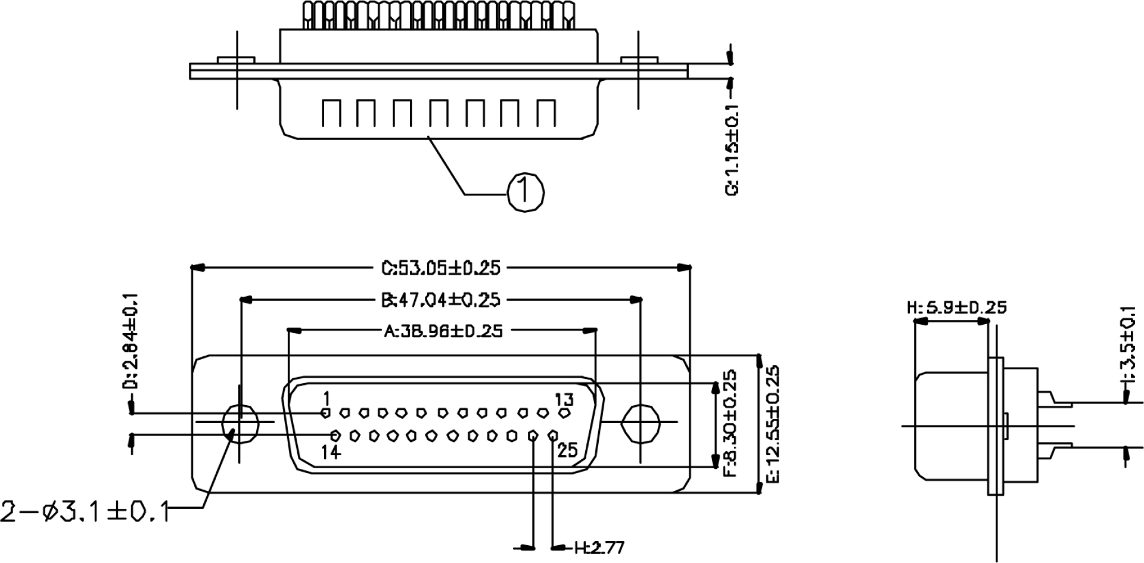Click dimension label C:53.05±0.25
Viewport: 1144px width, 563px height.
[441, 268]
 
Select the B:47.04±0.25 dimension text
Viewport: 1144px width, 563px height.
[441, 300]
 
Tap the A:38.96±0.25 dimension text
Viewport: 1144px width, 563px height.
[443, 331]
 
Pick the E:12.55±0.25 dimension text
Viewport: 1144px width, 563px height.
[772, 424]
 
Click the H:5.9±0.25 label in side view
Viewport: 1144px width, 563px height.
[956, 308]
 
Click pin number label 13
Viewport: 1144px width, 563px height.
[564, 399]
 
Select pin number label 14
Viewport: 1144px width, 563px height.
[331, 452]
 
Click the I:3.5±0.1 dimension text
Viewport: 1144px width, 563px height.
[1127, 346]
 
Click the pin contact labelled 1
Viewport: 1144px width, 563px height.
[325, 412]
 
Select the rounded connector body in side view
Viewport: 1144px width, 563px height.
[950, 425]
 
